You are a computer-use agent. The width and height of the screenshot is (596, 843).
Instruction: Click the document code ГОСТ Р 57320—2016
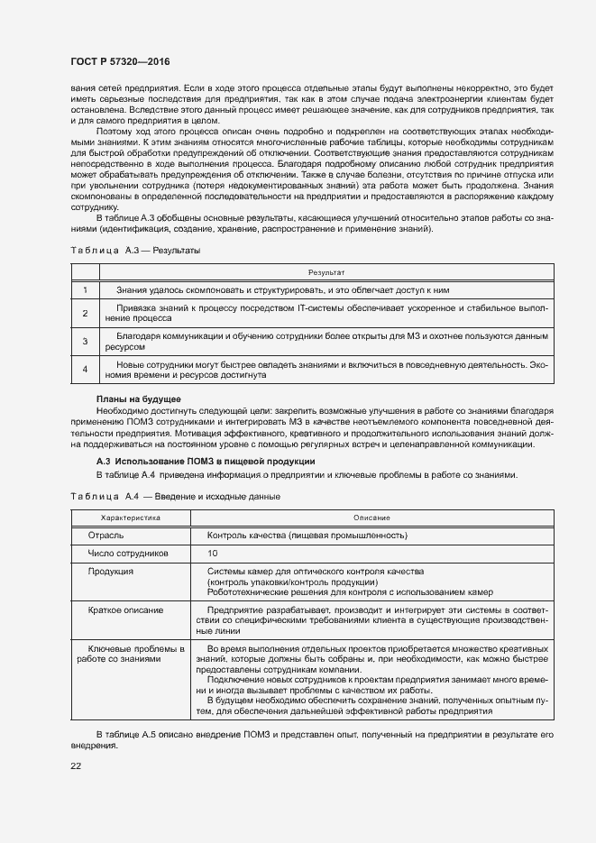click(x=120, y=61)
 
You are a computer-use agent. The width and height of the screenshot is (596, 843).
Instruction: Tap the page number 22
click(x=76, y=765)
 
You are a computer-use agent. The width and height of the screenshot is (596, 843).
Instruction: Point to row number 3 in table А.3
click(x=85, y=341)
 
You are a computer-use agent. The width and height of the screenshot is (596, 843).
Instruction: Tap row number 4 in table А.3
click(x=85, y=369)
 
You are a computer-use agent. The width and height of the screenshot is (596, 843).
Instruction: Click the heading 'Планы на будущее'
click(x=138, y=399)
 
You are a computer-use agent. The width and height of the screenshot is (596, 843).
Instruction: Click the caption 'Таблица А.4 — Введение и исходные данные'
click(x=175, y=497)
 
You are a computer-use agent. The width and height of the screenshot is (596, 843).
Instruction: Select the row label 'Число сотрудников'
click(x=126, y=554)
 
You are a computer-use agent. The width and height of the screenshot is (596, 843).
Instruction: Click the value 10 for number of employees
click(x=213, y=554)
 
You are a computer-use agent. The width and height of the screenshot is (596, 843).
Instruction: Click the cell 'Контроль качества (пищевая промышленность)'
click(x=307, y=536)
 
